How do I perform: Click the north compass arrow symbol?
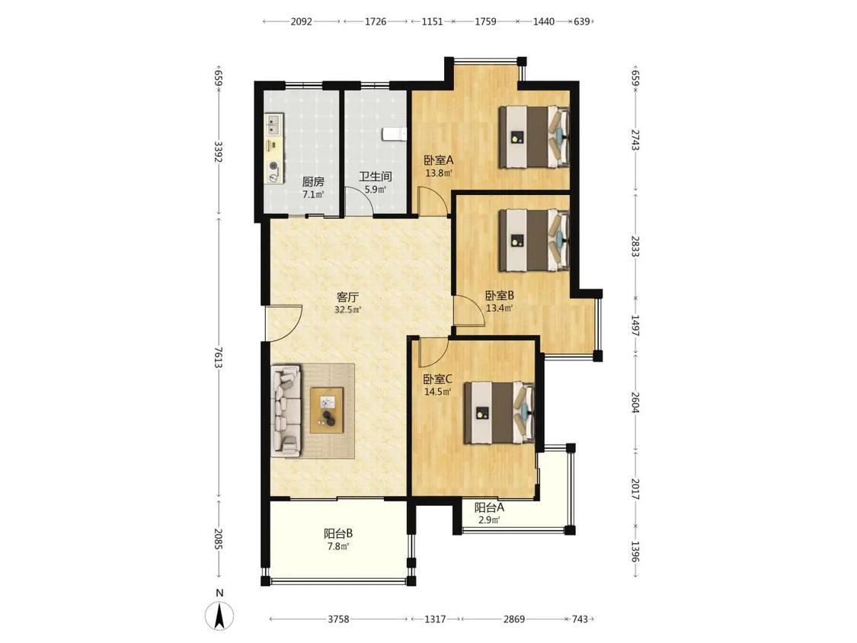click(219, 617)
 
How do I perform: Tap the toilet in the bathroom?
click(395, 134)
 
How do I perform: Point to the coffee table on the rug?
click(327, 410)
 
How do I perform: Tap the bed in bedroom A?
click(534, 136)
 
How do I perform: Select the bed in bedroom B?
click(534, 241)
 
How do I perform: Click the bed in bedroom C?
click(499, 412)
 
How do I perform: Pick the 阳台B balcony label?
click(337, 533)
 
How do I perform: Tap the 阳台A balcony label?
click(489, 507)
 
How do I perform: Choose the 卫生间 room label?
click(375, 178)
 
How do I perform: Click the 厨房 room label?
click(313, 182)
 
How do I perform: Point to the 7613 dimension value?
click(219, 357)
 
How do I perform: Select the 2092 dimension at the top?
click(301, 22)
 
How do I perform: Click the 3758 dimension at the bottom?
click(338, 619)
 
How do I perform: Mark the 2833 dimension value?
click(635, 247)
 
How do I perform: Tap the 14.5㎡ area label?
click(438, 392)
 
